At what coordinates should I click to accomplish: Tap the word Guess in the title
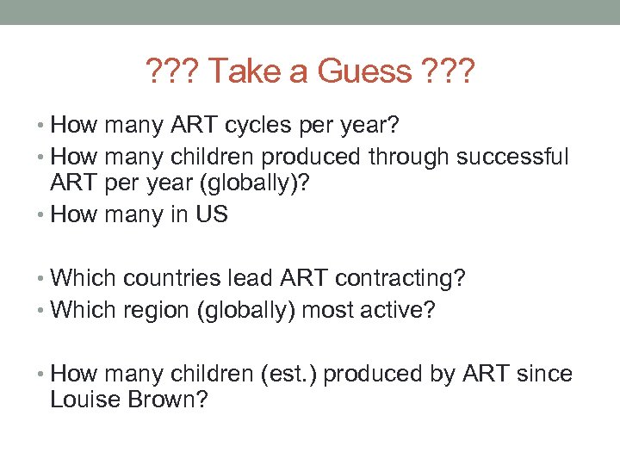[x=365, y=71]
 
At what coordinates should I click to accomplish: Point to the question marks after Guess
[x=448, y=71]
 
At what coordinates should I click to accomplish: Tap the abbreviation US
[x=212, y=214]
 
